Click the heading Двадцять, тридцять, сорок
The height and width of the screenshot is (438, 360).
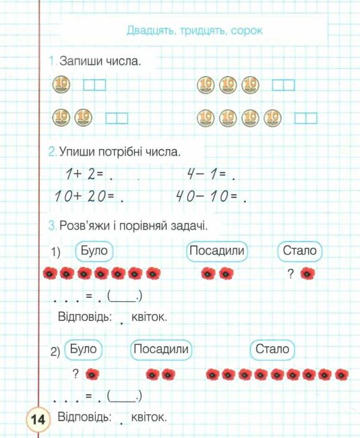pyautogui.click(x=194, y=30)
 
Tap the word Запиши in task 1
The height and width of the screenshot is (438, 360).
pyautogui.click(x=81, y=61)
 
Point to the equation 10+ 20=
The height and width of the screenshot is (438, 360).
pyautogui.click(x=86, y=197)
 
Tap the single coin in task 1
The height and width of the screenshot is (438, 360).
pyautogui.click(x=61, y=85)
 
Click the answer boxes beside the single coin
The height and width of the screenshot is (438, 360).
pyautogui.click(x=94, y=85)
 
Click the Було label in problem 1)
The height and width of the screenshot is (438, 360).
pyautogui.click(x=93, y=251)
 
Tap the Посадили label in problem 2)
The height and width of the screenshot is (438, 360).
pyautogui.click(x=160, y=349)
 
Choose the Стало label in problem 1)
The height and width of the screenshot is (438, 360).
pyautogui.click(x=300, y=251)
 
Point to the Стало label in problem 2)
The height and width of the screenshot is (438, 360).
pyautogui.click(x=272, y=349)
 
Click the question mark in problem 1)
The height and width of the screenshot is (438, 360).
pyautogui.click(x=291, y=273)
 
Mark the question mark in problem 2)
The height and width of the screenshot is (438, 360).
pyautogui.click(x=77, y=373)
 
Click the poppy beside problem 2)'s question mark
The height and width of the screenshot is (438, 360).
pyautogui.click(x=92, y=374)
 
